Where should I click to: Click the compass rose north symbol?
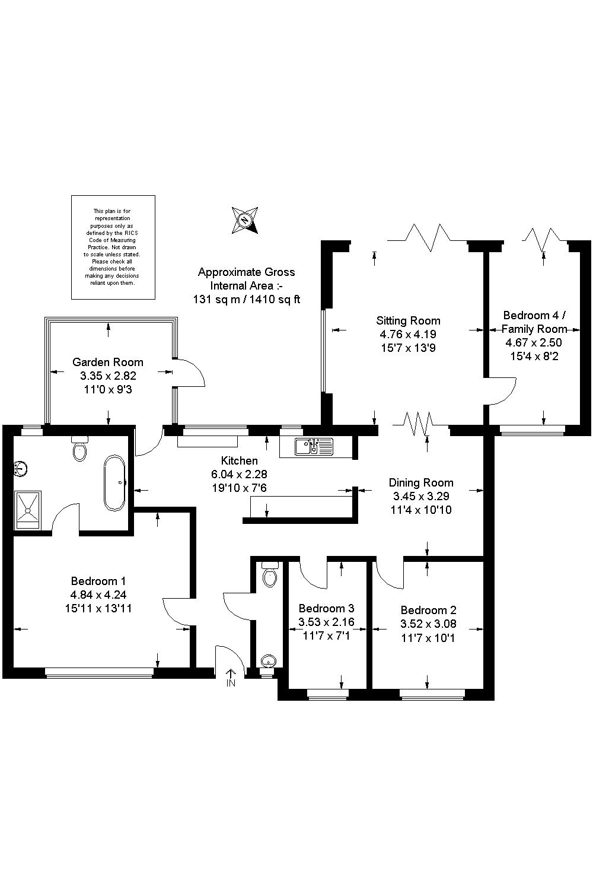245,220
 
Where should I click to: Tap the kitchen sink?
314,447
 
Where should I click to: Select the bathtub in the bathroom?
115,483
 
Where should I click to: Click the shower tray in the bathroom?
27,510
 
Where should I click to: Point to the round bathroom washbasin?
20,468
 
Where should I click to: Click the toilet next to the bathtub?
80,448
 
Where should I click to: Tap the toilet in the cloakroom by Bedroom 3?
270,574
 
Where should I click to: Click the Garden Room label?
108,362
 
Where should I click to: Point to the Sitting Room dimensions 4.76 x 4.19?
408,334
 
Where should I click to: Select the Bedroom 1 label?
98,581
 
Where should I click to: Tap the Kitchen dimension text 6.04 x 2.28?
239,474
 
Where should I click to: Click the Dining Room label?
421,483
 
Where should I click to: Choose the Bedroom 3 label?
326,608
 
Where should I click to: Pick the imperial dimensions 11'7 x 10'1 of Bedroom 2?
428,638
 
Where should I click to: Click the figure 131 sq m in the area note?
216,299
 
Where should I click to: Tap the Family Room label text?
534,329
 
